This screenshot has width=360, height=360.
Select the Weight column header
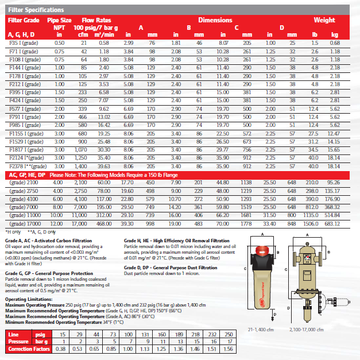pyautogui.click(x=324, y=20)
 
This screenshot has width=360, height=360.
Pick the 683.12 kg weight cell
pyautogui.click(x=341, y=223)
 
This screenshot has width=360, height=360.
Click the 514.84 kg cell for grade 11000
pyautogui.click(x=341, y=215)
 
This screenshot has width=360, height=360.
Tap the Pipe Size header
pyautogui.click(x=59, y=20)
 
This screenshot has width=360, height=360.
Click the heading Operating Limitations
pyautogui.click(x=29, y=300)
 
